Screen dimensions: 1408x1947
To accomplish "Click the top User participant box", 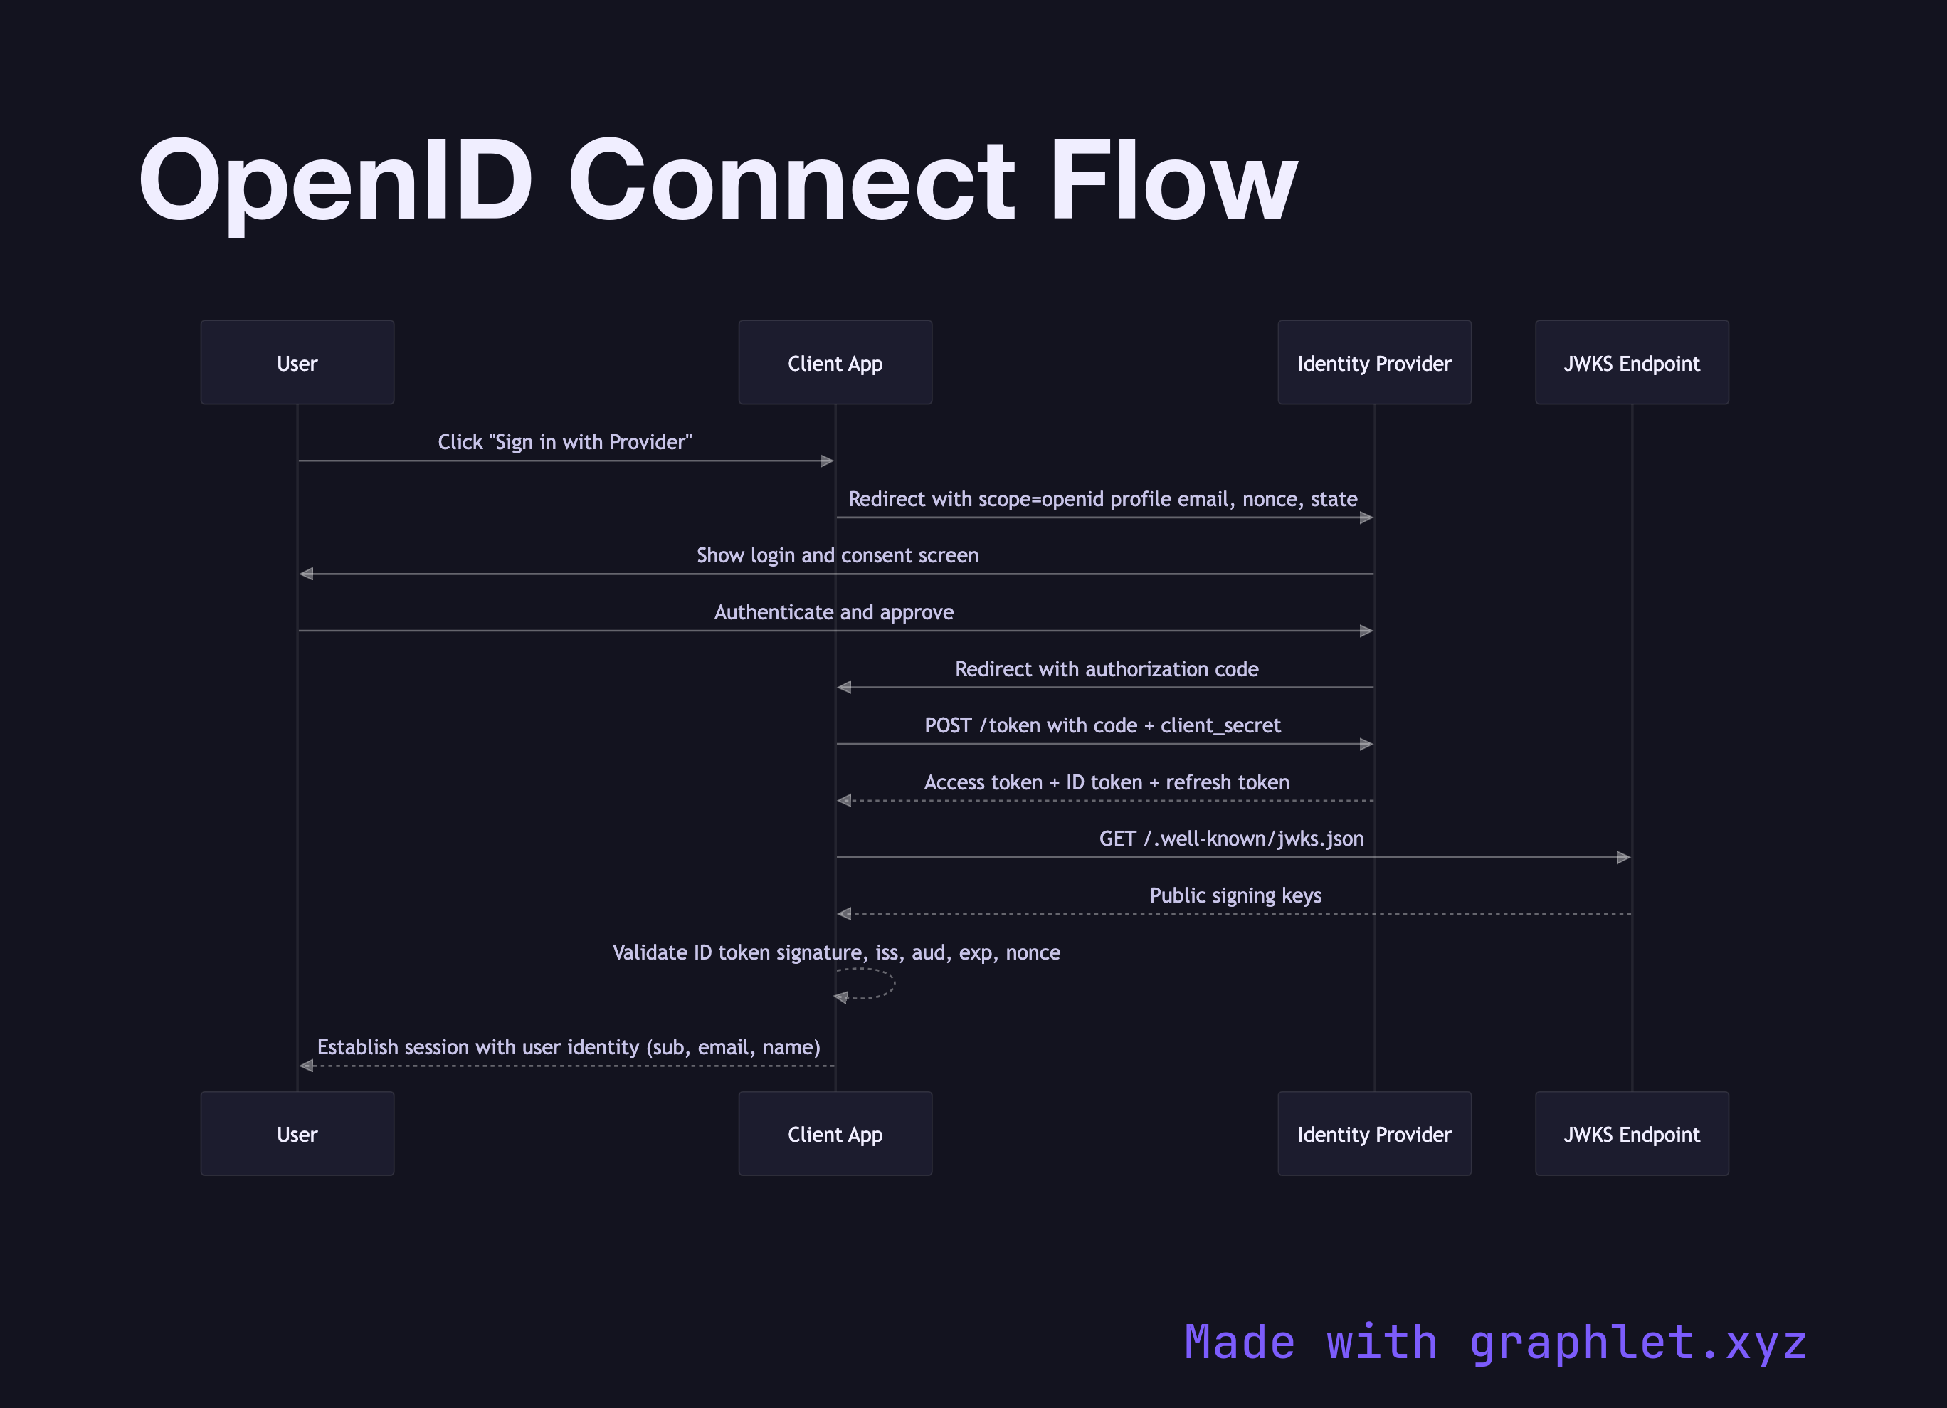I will pos(297,362).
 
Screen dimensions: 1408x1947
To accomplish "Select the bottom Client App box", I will pos(835,1133).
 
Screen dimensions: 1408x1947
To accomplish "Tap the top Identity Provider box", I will pos(1373,362).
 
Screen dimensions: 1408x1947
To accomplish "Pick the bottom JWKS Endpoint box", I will pos(1631,1133).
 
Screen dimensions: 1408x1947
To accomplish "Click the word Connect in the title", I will pos(791,182).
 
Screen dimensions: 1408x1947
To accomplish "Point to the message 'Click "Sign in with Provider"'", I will pos(564,442).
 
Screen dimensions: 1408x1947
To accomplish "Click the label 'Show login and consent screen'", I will pos(837,555).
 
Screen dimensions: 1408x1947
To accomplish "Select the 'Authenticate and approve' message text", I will pos(833,612).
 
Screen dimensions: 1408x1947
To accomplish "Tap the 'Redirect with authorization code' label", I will pos(1106,669).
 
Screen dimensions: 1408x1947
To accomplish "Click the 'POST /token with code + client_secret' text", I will pos(1102,725).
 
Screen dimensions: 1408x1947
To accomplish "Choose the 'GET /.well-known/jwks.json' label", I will pos(1231,839).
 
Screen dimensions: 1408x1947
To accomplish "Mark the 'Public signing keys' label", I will pos(1235,895).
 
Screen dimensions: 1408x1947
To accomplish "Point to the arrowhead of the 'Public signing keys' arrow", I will pos(845,913).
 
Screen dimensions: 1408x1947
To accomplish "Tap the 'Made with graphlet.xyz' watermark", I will pos(1494,1342).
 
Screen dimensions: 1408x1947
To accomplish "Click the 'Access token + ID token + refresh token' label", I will pos(1106,782).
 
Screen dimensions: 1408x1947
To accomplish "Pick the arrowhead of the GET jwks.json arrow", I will pos(1622,857).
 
